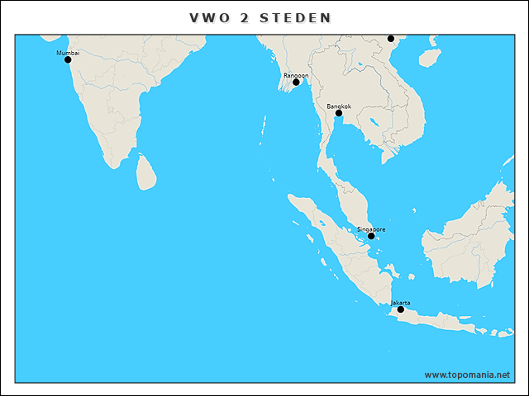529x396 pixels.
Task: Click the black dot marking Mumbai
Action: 68,59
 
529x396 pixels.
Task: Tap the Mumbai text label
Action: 68,52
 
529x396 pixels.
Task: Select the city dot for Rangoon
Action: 296,82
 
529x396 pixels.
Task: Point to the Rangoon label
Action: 296,75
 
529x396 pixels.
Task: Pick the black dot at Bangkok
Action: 339,113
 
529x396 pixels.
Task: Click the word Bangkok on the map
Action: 339,106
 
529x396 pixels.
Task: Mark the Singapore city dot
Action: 371,236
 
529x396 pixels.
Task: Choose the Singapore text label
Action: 371,229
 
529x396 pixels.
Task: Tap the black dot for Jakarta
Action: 401,309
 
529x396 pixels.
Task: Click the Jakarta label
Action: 400,302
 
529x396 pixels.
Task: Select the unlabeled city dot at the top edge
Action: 391,38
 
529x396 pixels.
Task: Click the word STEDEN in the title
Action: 298,17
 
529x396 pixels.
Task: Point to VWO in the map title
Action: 208,17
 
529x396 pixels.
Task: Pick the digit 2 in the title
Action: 245,17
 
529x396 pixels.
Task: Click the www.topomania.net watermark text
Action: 467,375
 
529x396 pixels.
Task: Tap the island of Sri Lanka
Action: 146,172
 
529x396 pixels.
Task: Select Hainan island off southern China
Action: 427,57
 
